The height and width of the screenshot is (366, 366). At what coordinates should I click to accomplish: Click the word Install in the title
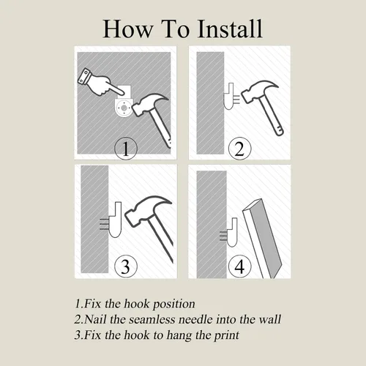(230, 29)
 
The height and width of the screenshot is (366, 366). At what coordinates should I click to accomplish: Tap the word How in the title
(128, 29)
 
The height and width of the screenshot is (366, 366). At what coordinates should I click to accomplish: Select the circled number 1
(126, 149)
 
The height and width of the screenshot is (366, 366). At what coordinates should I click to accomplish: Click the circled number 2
(239, 149)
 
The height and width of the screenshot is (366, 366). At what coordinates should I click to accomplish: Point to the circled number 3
(126, 266)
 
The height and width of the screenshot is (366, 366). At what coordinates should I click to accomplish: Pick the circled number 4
(239, 266)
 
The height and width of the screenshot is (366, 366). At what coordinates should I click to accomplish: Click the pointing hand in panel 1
(101, 83)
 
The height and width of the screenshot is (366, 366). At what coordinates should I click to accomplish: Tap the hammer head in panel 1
(149, 105)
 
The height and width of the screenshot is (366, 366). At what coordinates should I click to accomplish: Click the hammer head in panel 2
(259, 91)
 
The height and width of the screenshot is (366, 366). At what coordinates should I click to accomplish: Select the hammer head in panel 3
(148, 210)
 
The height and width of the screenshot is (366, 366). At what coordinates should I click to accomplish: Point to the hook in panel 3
(115, 220)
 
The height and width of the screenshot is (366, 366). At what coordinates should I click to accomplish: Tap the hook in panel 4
(231, 232)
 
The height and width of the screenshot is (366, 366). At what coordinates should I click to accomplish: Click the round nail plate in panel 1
(124, 108)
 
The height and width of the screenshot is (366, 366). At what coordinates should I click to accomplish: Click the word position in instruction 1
(173, 305)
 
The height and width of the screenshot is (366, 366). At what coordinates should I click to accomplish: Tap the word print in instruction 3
(227, 335)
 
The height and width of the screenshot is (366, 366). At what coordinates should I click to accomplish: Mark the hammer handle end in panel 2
(280, 131)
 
